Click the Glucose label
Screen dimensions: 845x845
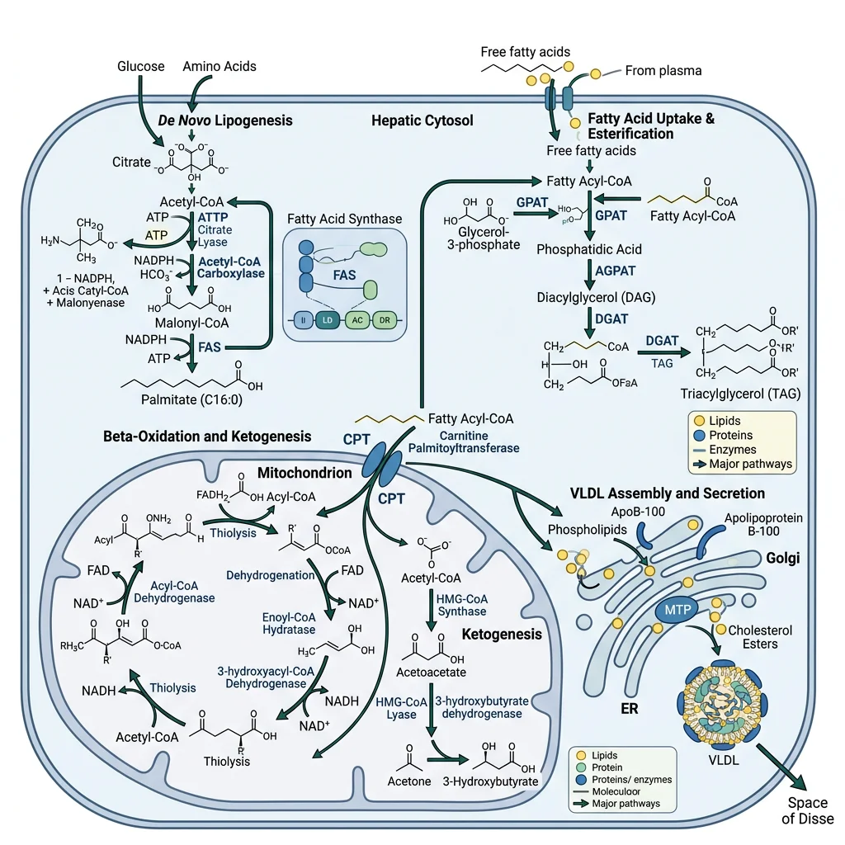[x=141, y=66]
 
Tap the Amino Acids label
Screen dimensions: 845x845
[x=220, y=66]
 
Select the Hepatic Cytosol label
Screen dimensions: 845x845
[x=422, y=120]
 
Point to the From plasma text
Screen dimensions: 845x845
[x=663, y=71]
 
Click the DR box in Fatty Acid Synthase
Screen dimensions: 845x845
[x=385, y=319]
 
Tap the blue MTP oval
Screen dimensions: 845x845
[x=677, y=610]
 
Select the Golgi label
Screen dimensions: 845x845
[x=799, y=559]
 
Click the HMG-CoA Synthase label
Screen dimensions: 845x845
[x=460, y=604]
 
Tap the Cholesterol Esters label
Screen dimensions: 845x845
[x=759, y=636]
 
